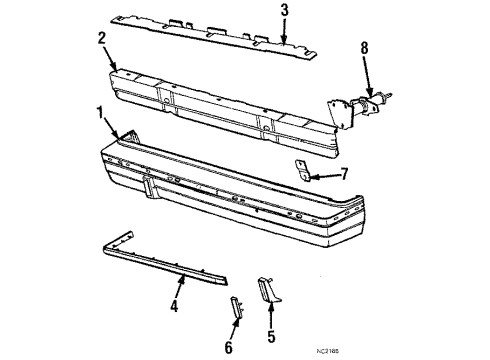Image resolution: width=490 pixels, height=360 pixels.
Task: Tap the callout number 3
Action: [284, 12]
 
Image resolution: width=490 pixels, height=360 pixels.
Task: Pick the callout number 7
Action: [343, 174]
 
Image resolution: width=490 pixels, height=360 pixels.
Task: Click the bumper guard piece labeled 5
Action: [269, 292]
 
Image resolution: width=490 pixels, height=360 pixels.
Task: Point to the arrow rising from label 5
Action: [271, 313]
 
